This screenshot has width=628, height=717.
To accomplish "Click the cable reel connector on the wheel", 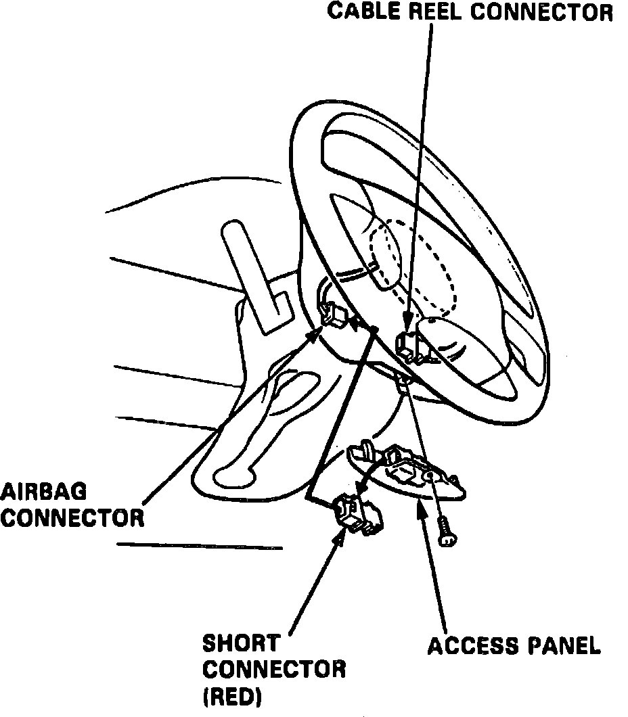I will pyautogui.click(x=411, y=345).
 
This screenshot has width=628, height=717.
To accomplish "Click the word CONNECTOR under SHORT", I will pyautogui.click(x=274, y=669).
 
